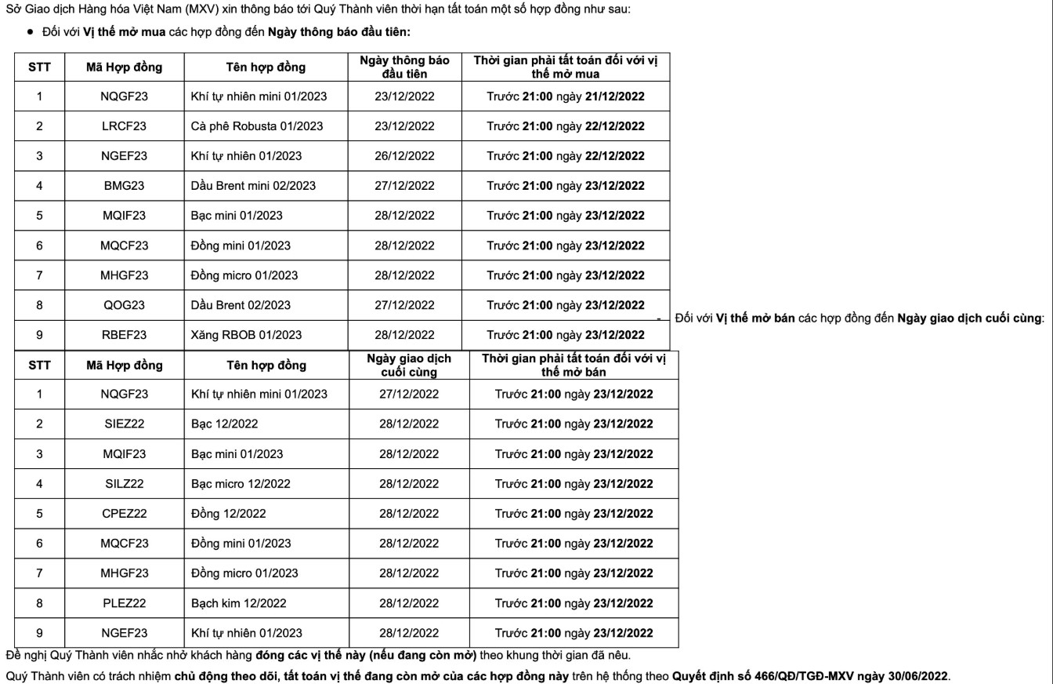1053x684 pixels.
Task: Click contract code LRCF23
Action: click(124, 126)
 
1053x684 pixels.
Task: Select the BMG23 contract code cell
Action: click(124, 186)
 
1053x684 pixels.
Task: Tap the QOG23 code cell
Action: click(124, 305)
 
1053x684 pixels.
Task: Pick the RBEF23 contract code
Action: click(124, 335)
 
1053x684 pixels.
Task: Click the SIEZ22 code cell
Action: click(124, 424)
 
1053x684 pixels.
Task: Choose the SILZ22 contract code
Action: click(124, 484)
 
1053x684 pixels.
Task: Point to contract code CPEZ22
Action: click(124, 514)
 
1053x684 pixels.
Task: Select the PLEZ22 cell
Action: click(124, 603)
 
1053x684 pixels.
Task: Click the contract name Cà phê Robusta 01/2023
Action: click(256, 126)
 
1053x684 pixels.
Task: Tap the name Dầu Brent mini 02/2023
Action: click(253, 186)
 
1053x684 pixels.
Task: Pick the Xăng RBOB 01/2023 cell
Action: click(246, 335)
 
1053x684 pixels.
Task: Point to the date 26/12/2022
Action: click(404, 156)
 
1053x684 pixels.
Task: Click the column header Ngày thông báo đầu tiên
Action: click(404, 67)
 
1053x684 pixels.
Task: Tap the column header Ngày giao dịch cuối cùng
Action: click(409, 365)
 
